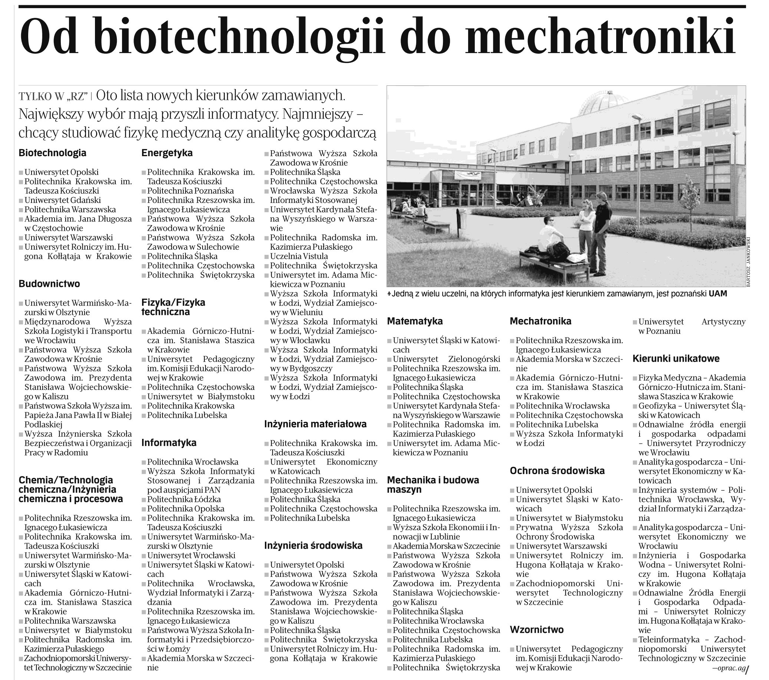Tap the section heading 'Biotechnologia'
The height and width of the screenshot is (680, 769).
pos(52,153)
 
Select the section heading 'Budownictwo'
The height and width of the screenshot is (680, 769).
pos(49,284)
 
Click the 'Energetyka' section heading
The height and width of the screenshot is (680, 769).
pos(167,153)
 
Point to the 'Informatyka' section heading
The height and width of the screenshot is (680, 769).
pos(169,443)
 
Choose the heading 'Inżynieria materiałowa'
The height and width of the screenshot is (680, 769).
pos(315,424)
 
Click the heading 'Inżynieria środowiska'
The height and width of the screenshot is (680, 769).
pos(313,546)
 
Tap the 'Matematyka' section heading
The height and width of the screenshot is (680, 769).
pos(415,321)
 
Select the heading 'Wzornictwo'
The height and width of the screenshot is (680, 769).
pos(536,630)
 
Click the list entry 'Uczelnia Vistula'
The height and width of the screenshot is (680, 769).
pos(299,256)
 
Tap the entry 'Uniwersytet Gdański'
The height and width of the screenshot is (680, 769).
pos(62,200)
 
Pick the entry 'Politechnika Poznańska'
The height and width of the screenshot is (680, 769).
pos(190,191)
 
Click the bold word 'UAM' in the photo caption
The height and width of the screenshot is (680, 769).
pos(718,294)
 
